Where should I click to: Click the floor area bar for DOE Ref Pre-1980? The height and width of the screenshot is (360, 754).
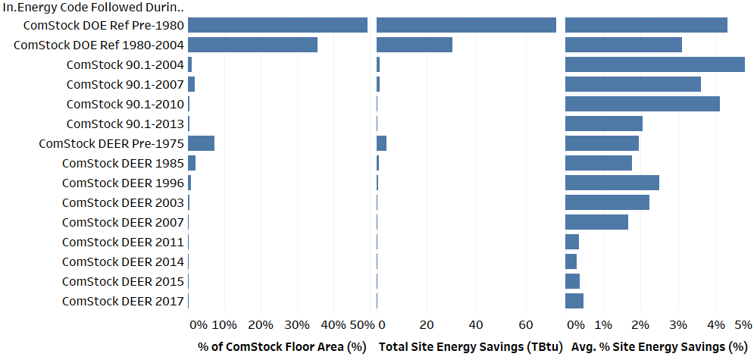277,25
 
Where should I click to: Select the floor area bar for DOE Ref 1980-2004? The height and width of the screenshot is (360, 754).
252,45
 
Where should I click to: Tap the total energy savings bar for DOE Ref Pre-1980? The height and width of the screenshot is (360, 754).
466,25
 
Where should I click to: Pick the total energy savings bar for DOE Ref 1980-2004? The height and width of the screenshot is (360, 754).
415,45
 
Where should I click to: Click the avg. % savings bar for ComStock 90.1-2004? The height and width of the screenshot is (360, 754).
655,64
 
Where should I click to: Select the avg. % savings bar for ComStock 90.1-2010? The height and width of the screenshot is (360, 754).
643,104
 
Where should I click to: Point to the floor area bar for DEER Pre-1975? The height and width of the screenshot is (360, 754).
202,143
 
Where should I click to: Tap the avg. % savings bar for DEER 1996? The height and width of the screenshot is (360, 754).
612,183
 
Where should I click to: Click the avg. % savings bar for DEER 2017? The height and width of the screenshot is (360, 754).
574,301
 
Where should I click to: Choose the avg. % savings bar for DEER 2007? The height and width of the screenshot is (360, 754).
596,222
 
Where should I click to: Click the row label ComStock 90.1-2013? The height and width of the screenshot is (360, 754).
125,124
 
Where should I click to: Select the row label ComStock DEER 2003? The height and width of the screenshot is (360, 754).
123,202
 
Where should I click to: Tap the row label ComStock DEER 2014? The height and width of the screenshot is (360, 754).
123,261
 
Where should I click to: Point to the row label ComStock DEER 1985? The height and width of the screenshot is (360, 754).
123,163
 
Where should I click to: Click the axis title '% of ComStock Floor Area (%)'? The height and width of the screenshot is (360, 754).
281,346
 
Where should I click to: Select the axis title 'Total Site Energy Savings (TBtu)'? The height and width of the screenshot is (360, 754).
470,346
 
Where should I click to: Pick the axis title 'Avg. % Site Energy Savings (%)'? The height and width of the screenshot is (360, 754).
659,346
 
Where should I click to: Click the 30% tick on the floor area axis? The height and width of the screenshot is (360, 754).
297,325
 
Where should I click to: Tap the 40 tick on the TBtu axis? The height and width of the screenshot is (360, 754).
476,325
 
